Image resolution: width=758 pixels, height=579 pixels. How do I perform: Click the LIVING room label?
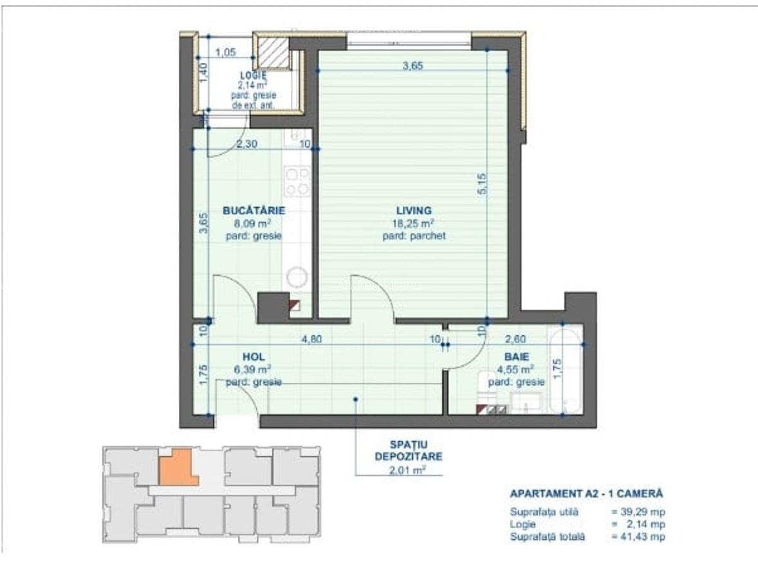tap(414, 210)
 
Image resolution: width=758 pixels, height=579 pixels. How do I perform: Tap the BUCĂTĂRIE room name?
tap(254, 210)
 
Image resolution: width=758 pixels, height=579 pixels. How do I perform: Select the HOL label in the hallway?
tap(254, 356)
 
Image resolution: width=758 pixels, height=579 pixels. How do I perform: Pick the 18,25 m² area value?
tap(414, 223)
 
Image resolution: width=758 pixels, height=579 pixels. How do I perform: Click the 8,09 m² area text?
tap(254, 224)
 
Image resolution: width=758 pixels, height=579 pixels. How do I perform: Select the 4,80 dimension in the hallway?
tap(311, 340)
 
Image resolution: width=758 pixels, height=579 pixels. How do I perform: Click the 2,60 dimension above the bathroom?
tap(516, 339)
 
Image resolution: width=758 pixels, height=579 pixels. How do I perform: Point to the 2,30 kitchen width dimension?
tap(246, 144)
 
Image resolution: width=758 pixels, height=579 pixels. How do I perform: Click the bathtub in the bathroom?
tap(564, 369)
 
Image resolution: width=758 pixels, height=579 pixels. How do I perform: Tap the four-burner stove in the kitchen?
tap(297, 181)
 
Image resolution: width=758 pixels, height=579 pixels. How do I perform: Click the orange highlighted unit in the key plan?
tap(178, 466)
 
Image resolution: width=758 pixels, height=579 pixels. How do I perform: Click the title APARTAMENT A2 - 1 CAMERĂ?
tap(586, 494)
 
